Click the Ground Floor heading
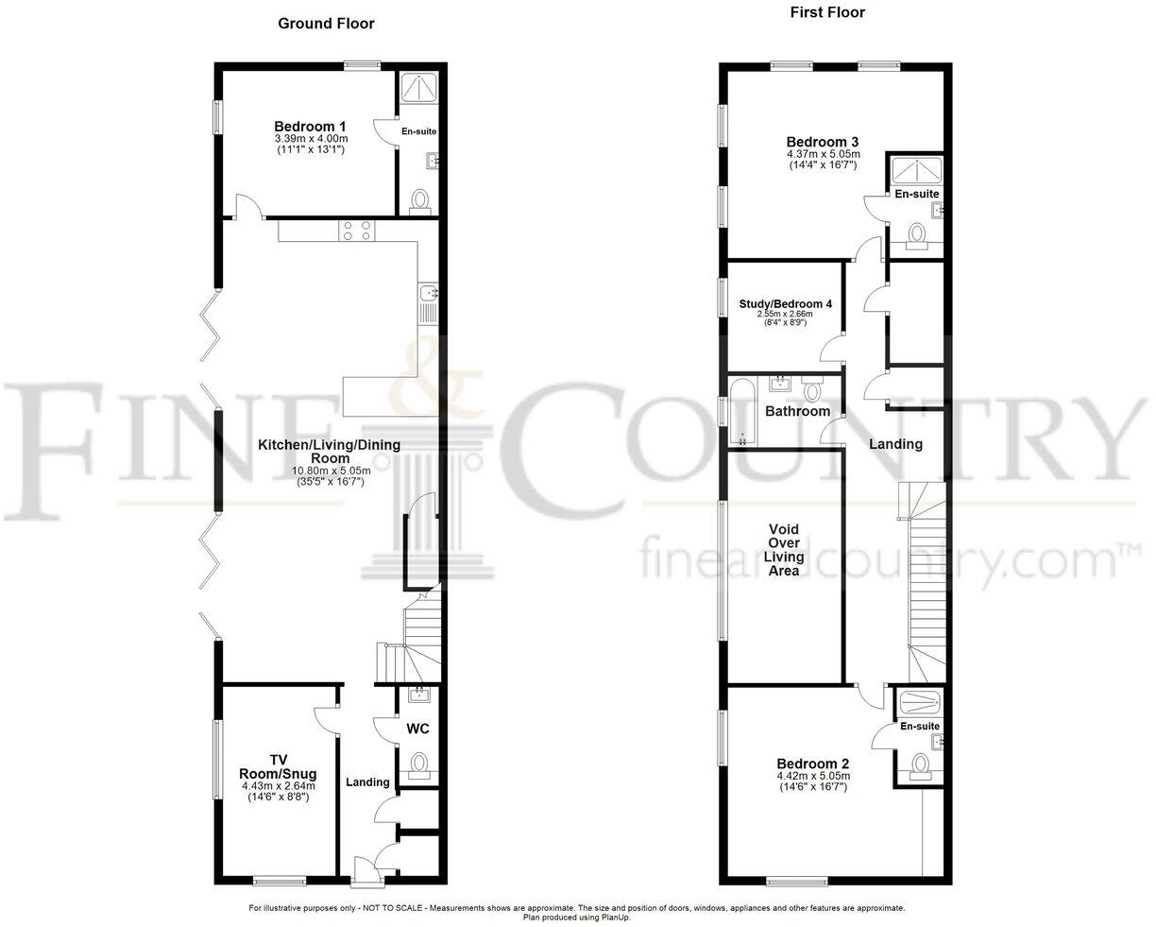tap(326, 24)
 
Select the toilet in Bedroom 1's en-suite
tap(420, 199)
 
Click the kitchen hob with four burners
tap(357, 232)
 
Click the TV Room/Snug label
tap(278, 766)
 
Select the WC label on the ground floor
tap(418, 729)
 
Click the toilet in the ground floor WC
tap(418, 763)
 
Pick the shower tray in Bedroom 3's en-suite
tap(915, 170)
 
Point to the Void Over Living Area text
tap(786, 550)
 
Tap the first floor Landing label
tap(895, 444)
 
